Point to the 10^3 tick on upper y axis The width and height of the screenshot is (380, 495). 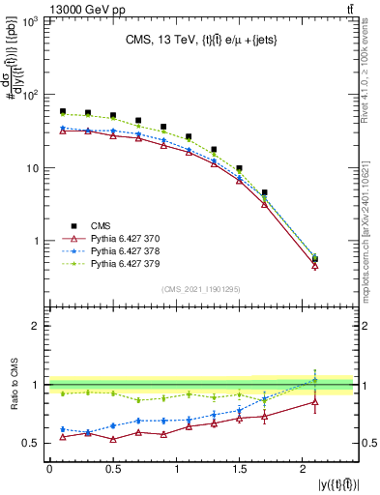[x=32, y=22]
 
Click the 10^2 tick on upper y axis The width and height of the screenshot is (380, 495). [x=32, y=96]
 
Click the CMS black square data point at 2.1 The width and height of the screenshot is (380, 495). [x=314, y=259]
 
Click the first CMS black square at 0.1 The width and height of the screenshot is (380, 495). [x=63, y=111]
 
